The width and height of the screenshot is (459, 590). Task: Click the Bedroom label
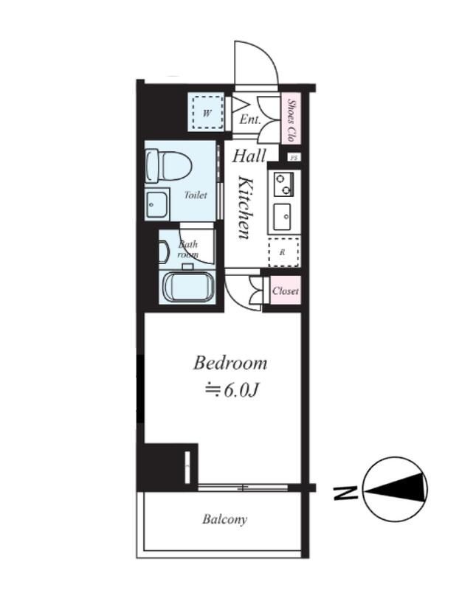[230, 364]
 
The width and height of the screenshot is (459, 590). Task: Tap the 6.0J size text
[241, 391]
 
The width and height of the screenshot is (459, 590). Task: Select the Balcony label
[225, 519]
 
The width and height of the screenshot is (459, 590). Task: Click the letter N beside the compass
[345, 493]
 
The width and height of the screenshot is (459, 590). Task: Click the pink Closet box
[286, 291]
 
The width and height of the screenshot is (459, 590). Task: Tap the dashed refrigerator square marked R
[283, 252]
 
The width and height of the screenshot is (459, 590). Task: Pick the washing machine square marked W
[207, 113]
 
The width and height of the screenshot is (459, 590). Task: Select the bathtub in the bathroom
[188, 286]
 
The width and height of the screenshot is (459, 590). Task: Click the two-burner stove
[283, 184]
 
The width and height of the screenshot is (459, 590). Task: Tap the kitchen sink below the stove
[282, 217]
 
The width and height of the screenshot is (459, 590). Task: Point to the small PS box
[294, 158]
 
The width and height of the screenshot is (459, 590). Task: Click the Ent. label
[250, 119]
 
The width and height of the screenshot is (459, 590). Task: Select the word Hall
[249, 156]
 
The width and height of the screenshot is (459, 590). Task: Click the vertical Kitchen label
[246, 207]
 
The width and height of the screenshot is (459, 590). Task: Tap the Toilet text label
[196, 195]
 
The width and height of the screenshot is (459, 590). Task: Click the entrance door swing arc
[263, 49]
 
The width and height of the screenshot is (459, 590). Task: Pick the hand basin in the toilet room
[157, 205]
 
